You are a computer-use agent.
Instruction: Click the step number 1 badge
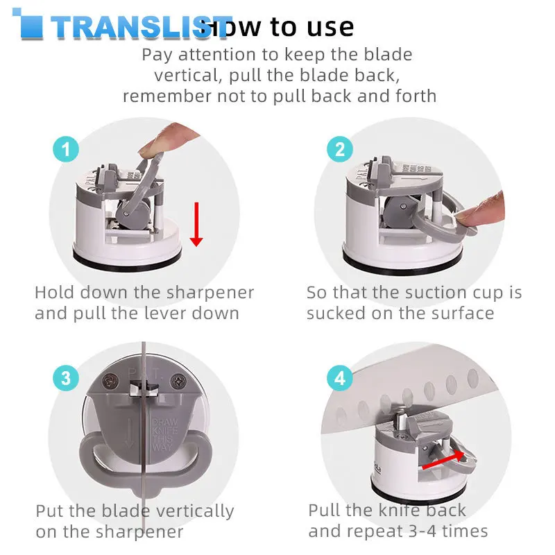coord(67,149)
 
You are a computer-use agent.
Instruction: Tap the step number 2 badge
coord(339,149)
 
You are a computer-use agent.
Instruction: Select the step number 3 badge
coord(66,379)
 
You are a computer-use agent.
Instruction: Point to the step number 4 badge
coord(339,379)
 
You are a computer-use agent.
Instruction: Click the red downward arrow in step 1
coord(196,223)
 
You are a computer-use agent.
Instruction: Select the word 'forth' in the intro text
coord(413,96)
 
